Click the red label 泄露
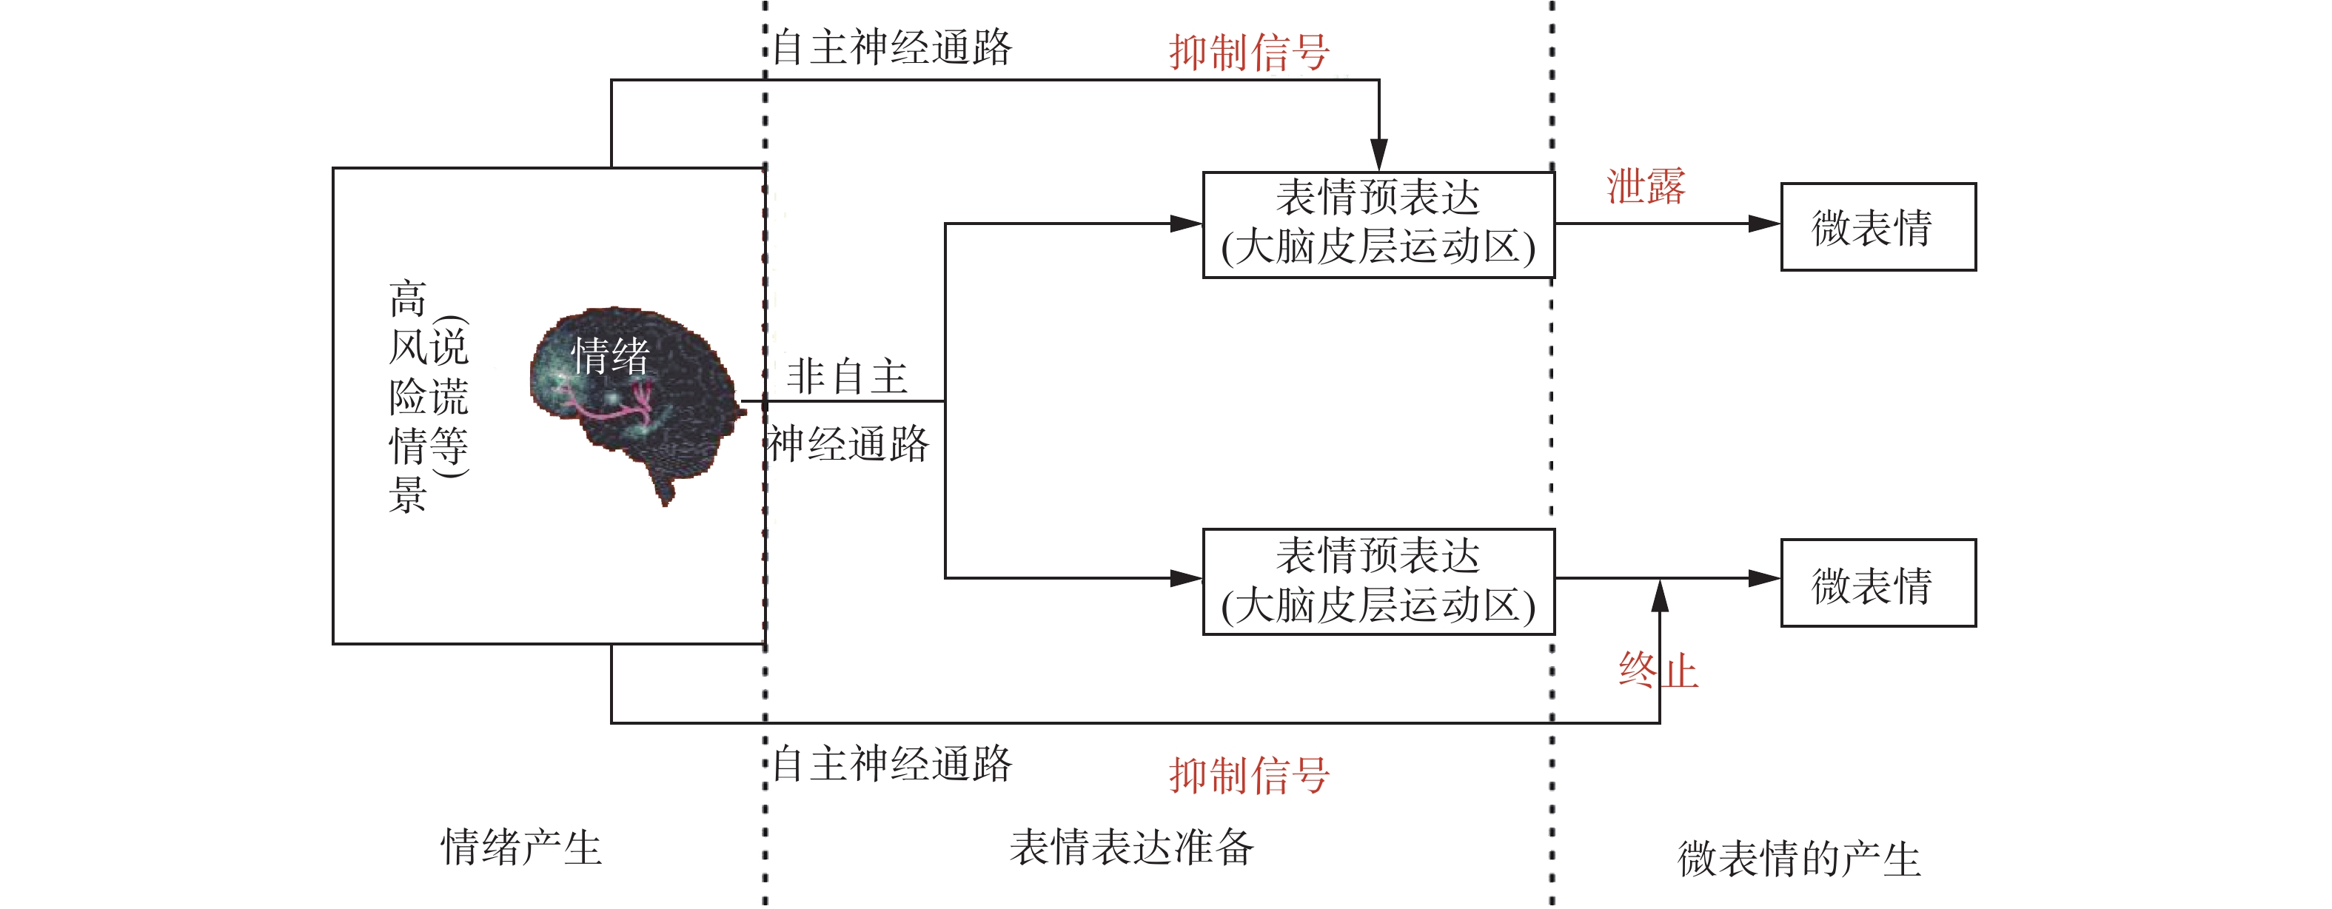[1645, 187]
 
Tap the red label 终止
[1658, 671]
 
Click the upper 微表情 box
[1877, 227]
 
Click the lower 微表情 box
[1877, 583]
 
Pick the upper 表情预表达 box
[1378, 224]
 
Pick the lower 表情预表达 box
[1378, 581]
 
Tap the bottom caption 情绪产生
[520, 848]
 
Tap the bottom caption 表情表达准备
[1132, 848]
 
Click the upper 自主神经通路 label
[891, 47]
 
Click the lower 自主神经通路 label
[891, 763]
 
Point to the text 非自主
[846, 376]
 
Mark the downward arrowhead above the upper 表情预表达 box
[1378, 154]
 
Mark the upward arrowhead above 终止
[1659, 596]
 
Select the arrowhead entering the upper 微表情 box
[1763, 224]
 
